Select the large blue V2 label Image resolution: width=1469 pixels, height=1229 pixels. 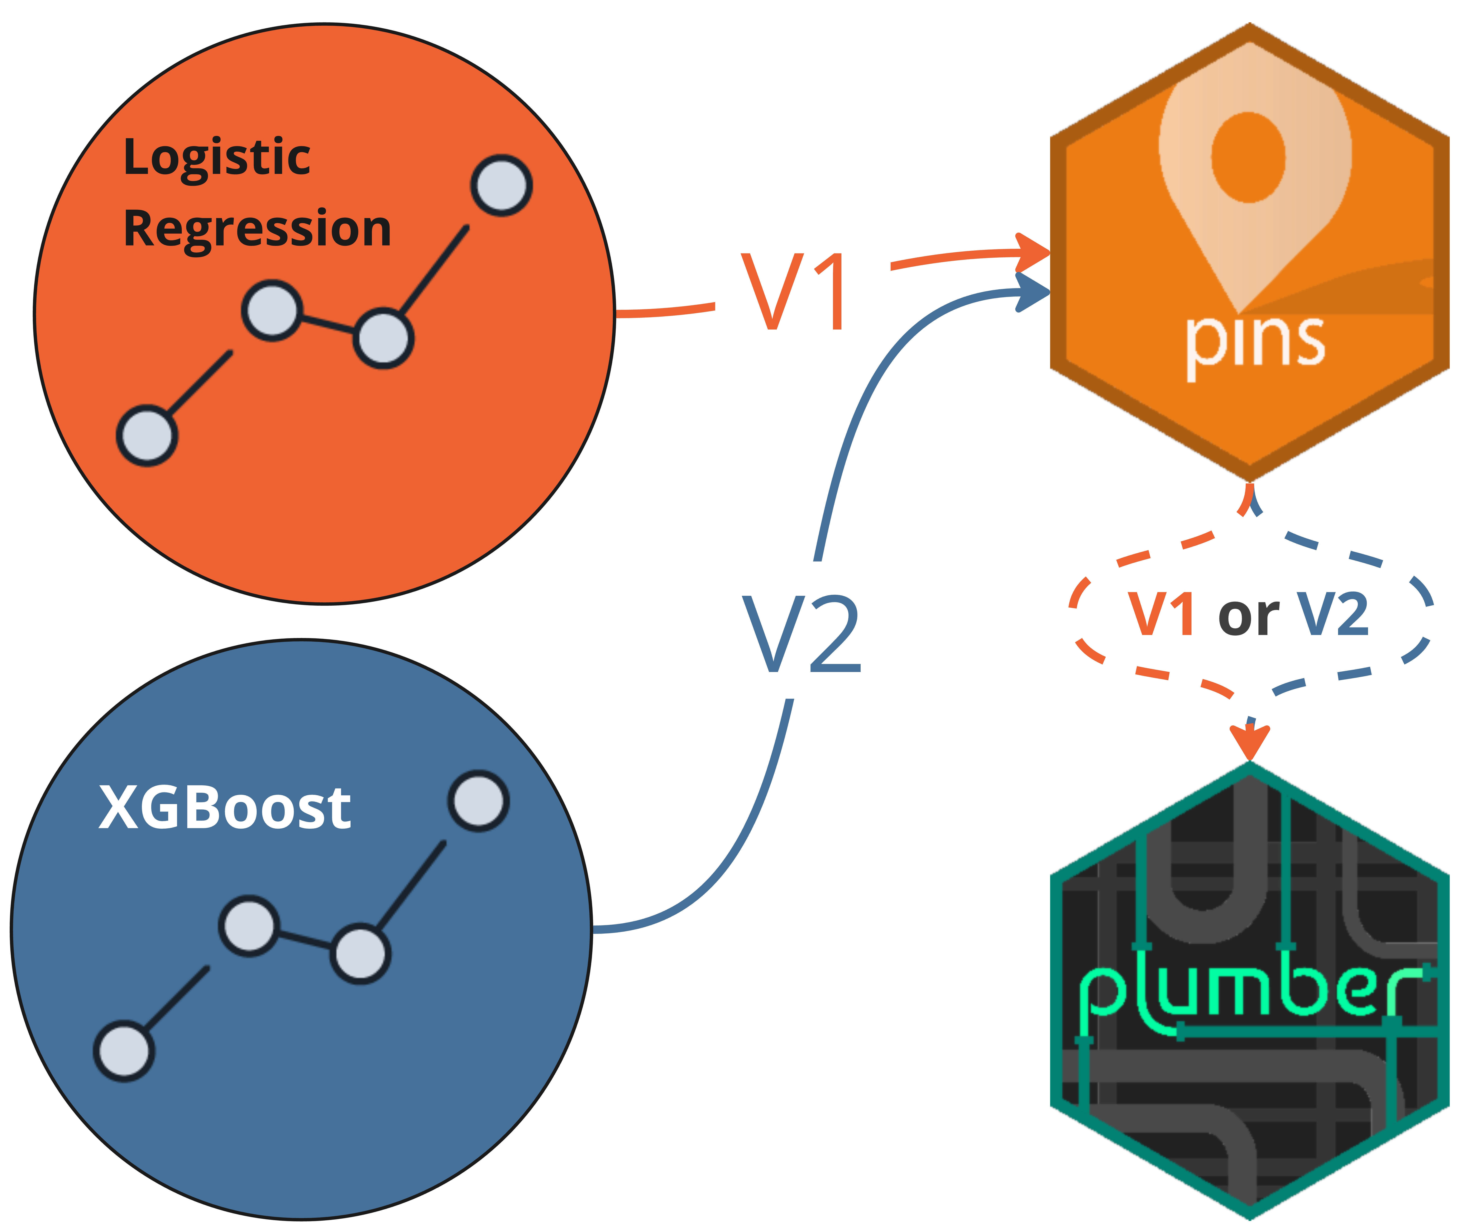pos(802,634)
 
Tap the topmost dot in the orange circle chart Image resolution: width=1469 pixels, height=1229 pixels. pos(502,185)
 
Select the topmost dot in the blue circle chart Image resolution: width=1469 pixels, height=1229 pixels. pos(478,801)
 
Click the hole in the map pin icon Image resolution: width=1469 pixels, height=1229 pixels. pos(1249,157)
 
